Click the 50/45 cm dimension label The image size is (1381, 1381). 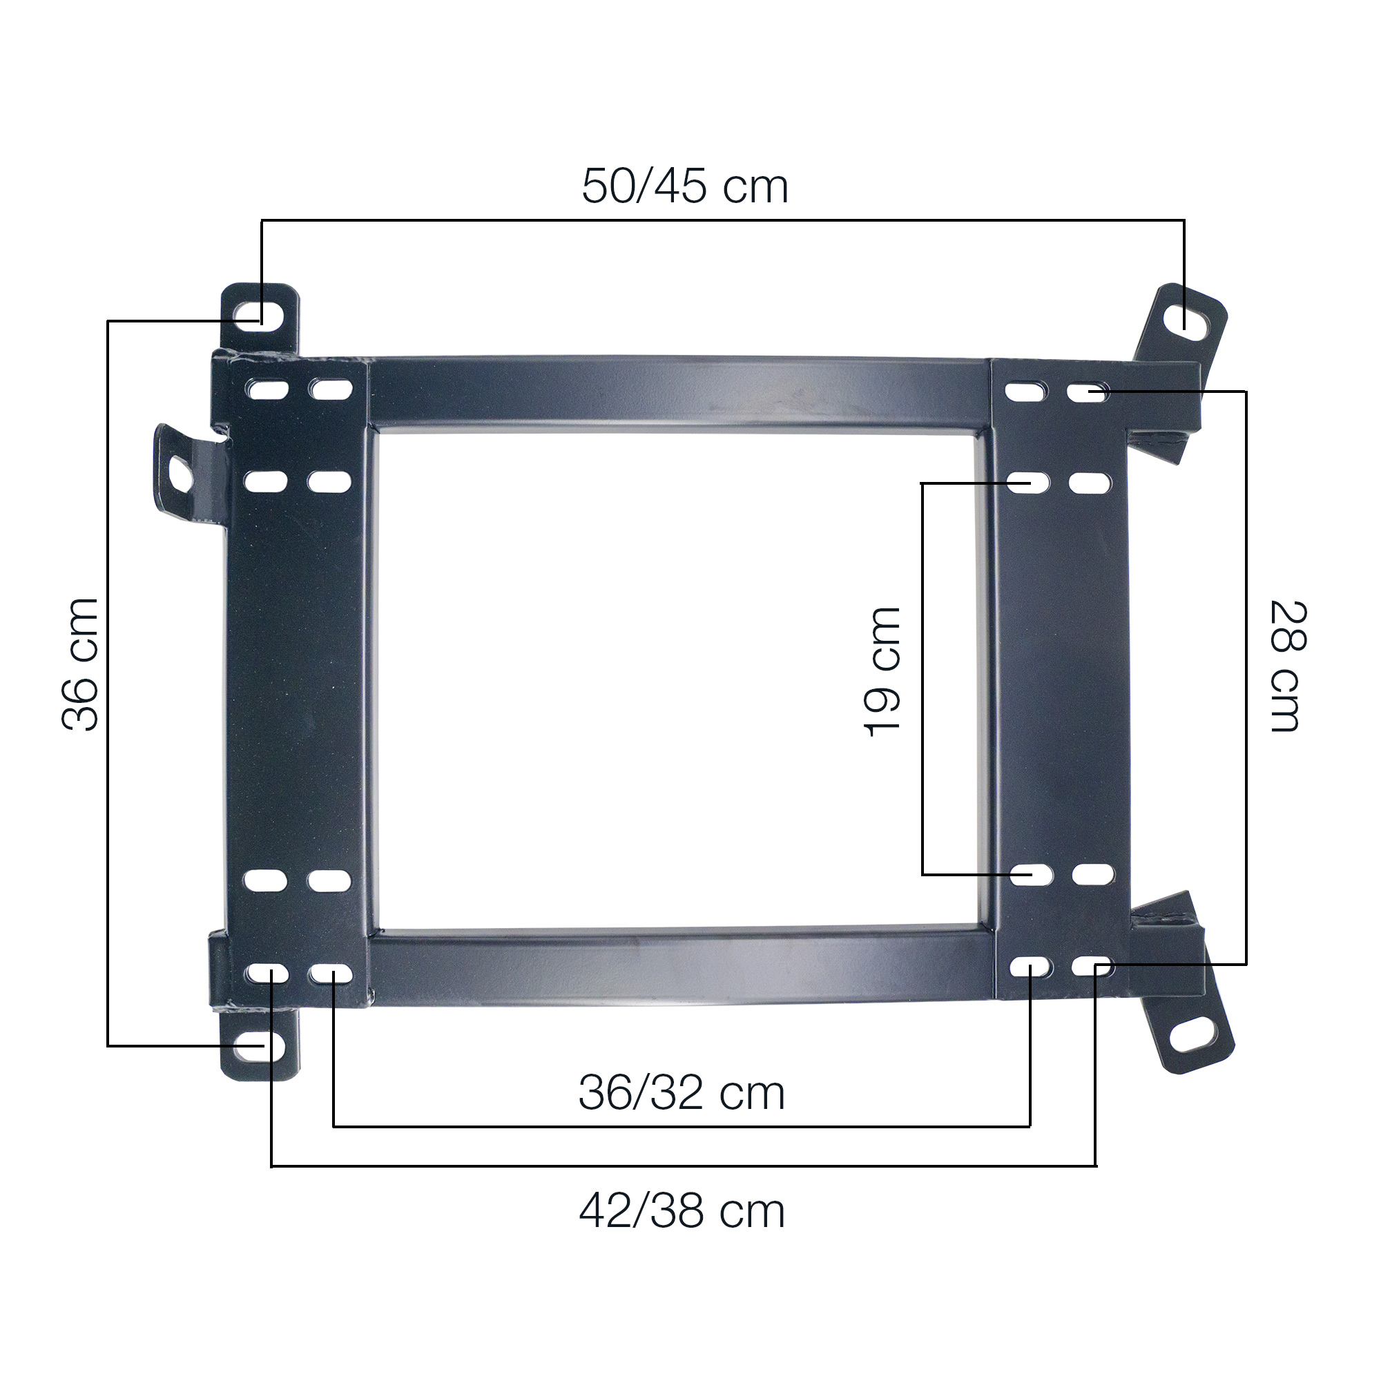pos(685,186)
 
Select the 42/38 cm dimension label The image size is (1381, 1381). pos(682,1211)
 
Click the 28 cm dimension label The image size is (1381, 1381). pos(1288,666)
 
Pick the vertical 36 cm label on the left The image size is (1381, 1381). pos(80,664)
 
